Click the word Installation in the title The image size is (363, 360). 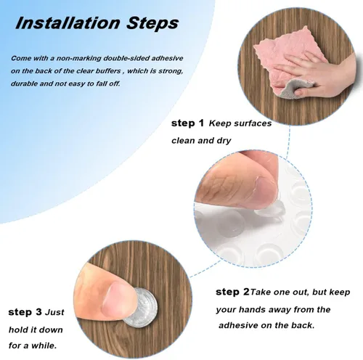point(68,23)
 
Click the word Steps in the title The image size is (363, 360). point(152,24)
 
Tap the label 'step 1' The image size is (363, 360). point(187,123)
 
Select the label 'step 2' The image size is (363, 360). point(232,292)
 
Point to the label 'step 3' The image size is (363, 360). point(25,312)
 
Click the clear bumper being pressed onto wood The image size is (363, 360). point(141,307)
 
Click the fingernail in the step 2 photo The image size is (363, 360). point(266,191)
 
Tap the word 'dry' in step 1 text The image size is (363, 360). point(224,141)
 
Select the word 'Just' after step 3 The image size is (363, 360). point(55,312)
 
